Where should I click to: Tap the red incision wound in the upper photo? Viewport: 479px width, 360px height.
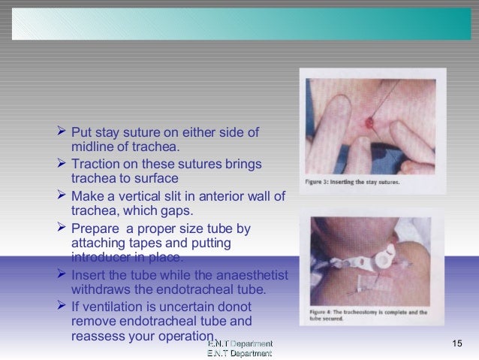[x=368, y=123]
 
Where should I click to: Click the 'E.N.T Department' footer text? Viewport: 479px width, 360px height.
[x=239, y=348]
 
